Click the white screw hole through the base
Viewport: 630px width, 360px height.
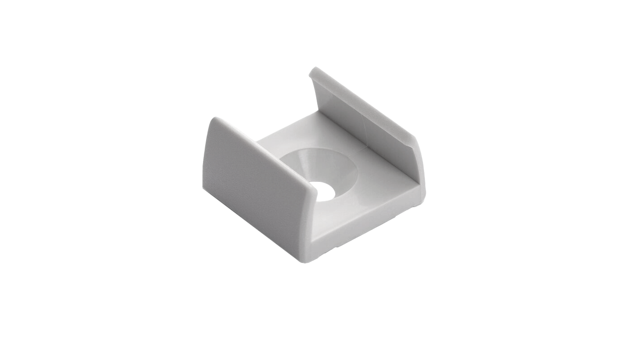(x=325, y=190)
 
